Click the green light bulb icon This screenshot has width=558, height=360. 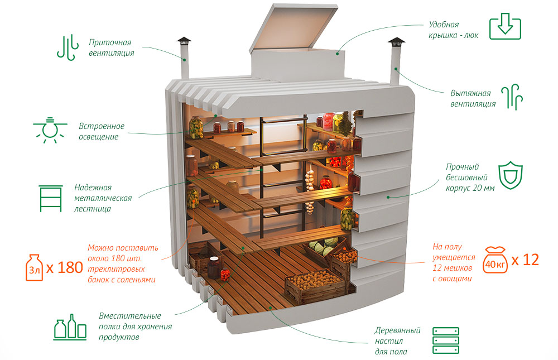pos(52,130)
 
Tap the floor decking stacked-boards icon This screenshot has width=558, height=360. pos(445,340)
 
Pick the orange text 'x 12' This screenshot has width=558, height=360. pos(525,260)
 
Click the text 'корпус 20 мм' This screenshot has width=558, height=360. pos(470,188)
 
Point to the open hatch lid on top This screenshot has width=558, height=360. pos(295,28)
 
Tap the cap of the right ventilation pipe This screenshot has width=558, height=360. pos(396,41)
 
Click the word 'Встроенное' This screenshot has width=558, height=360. pos(102,126)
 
